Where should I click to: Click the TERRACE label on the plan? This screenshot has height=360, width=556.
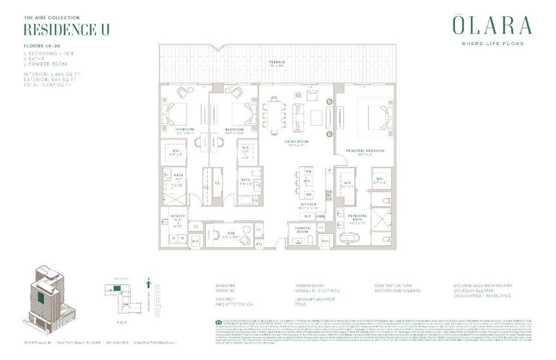[x=277, y=62]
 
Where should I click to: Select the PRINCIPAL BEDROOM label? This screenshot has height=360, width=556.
[x=364, y=151]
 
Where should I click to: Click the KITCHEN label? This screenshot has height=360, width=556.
[x=309, y=205]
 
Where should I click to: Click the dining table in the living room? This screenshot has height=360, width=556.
[x=274, y=115]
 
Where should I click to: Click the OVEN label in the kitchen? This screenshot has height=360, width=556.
[x=320, y=217]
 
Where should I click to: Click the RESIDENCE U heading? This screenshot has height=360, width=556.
[x=66, y=30]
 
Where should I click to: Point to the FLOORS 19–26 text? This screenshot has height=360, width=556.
[x=41, y=45]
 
